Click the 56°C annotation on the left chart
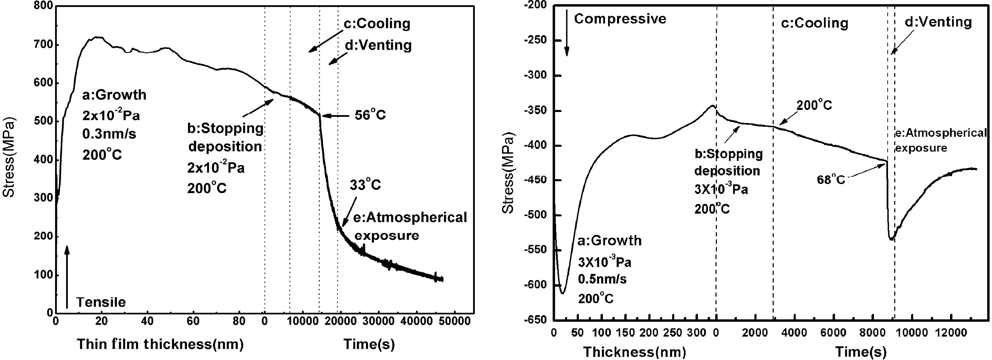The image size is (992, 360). pyautogui.click(x=370, y=115)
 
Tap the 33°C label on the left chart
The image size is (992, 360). pyautogui.click(x=365, y=185)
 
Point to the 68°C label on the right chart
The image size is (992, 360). pyautogui.click(x=831, y=180)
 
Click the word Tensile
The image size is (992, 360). pyautogui.click(x=101, y=302)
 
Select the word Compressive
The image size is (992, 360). pyautogui.click(x=620, y=19)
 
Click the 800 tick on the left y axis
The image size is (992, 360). pyautogui.click(x=43, y=6)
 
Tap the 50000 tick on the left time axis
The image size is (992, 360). pyautogui.click(x=454, y=321)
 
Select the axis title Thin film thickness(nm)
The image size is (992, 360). pyautogui.click(x=160, y=344)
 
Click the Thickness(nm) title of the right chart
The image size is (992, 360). pyautogui.click(x=635, y=352)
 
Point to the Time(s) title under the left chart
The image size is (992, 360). pyautogui.click(x=369, y=344)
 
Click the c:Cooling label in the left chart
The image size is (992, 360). pyautogui.click(x=377, y=23)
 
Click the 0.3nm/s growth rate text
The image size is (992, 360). pyautogui.click(x=109, y=134)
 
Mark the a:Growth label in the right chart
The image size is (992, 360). pyautogui.click(x=609, y=241)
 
